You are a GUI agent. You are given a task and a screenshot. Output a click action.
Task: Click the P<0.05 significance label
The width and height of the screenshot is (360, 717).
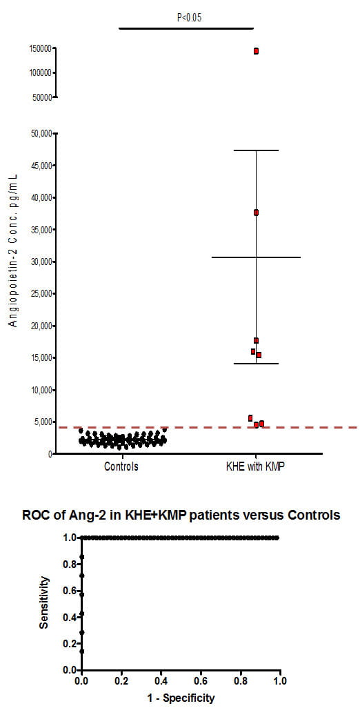[186, 16]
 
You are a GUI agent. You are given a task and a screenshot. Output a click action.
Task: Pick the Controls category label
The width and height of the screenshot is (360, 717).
[121, 466]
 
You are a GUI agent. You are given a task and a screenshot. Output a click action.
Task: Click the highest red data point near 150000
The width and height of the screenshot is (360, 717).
[256, 51]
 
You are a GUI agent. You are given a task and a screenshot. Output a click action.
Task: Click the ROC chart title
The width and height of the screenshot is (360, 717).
[181, 515]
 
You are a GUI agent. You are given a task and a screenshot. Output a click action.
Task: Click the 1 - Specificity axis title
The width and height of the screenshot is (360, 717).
[181, 698]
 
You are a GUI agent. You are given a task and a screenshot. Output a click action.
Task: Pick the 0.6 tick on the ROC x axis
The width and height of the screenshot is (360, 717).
[201, 681]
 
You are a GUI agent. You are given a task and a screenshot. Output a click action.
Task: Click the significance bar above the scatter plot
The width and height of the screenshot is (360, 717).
[186, 28]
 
